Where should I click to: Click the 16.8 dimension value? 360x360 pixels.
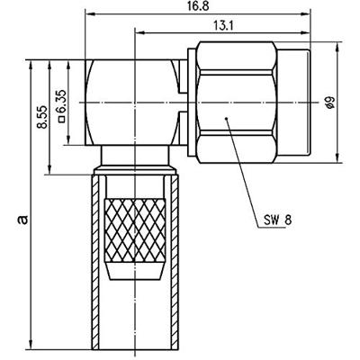[x=198, y=6]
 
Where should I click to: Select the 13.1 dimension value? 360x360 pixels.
[x=223, y=26]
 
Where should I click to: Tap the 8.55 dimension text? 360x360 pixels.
[x=41, y=117]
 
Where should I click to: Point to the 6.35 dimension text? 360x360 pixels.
[x=61, y=102]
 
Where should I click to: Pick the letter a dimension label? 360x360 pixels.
[x=22, y=220]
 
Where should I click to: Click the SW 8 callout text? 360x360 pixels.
[x=277, y=220]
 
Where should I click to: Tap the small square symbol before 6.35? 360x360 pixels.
[x=62, y=120]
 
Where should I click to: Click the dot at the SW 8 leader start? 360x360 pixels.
[x=226, y=119]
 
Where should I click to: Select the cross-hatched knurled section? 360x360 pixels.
[x=135, y=229]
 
